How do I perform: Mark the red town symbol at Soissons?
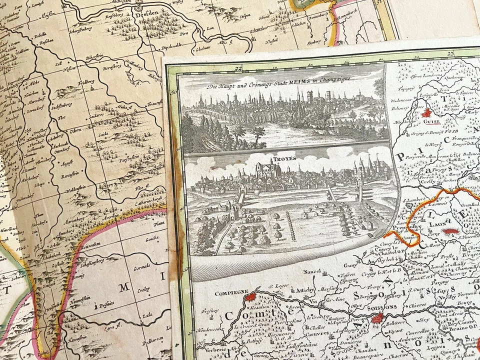(x=379, y=317)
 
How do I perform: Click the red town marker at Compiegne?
(x=250, y=298)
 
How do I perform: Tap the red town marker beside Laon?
(x=451, y=231)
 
